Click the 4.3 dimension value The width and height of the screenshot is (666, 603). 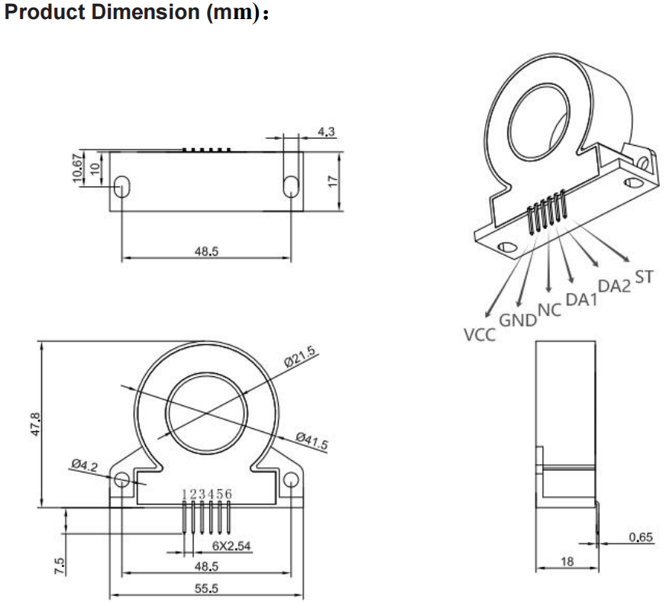pos(326,132)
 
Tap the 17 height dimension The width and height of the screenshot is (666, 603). pos(331,182)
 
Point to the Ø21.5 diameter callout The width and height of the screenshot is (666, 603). pos(299,358)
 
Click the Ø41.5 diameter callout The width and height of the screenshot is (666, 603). pos(312,440)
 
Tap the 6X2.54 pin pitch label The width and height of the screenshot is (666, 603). pos(231,546)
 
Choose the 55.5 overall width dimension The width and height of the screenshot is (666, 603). pos(206,588)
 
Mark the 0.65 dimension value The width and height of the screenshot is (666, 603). pos(641,537)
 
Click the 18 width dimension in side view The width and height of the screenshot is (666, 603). pos(567,561)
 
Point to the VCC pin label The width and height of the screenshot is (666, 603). pos(480,334)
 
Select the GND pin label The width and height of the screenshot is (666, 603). pos(517,320)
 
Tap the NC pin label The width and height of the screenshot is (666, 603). pos(550,310)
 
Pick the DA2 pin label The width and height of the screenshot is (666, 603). pos(613,285)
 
